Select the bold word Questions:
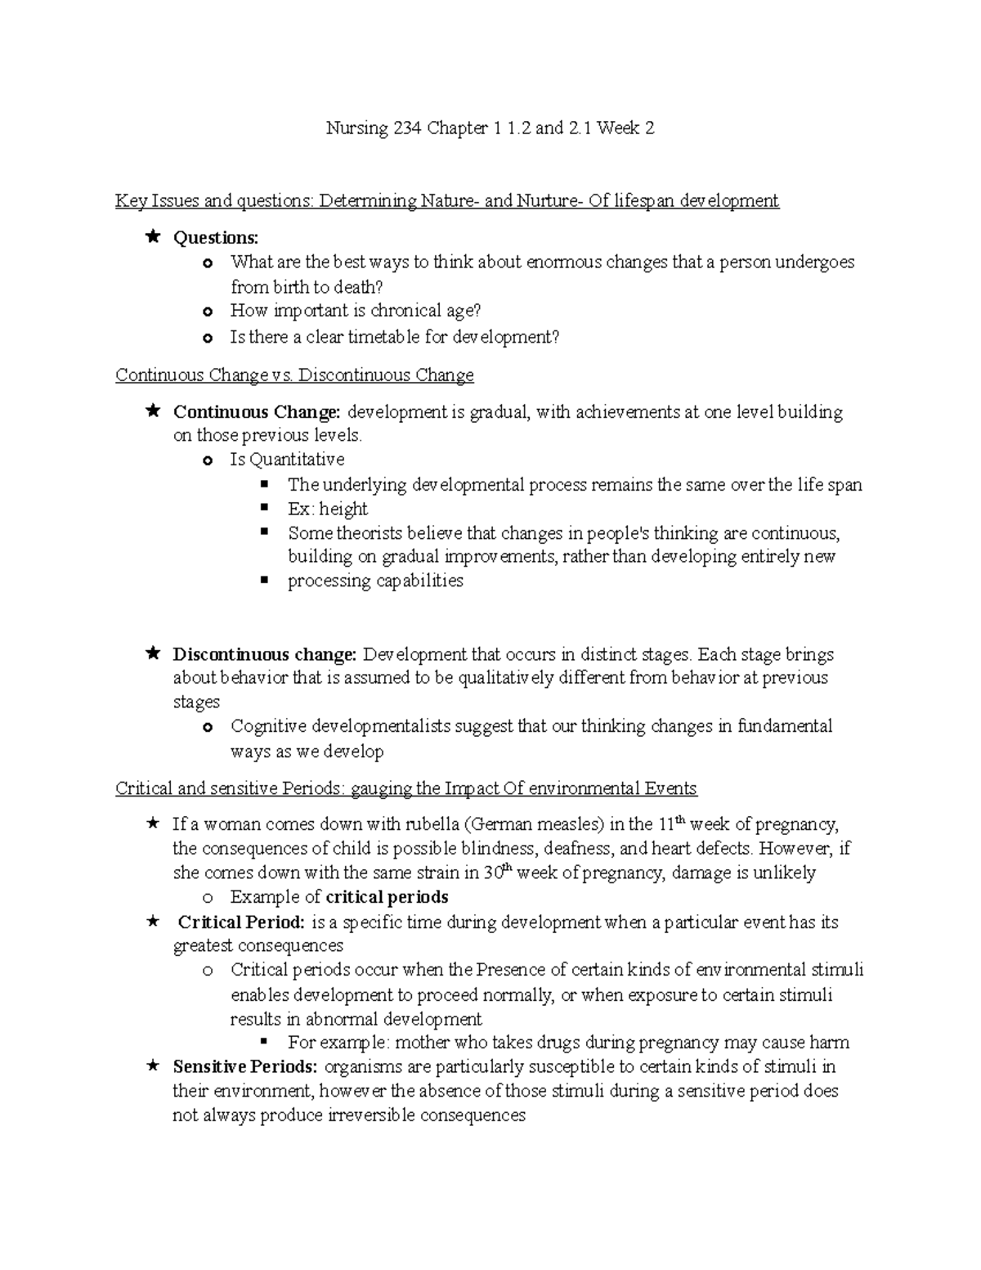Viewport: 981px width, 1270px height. (x=215, y=238)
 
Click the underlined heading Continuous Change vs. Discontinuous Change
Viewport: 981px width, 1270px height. (x=294, y=375)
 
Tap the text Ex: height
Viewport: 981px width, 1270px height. (x=327, y=509)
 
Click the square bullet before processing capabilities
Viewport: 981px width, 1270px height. (x=264, y=580)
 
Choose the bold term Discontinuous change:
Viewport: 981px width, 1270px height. (x=265, y=655)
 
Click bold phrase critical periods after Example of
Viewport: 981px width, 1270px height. (x=387, y=897)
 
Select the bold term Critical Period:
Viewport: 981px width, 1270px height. (x=241, y=922)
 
